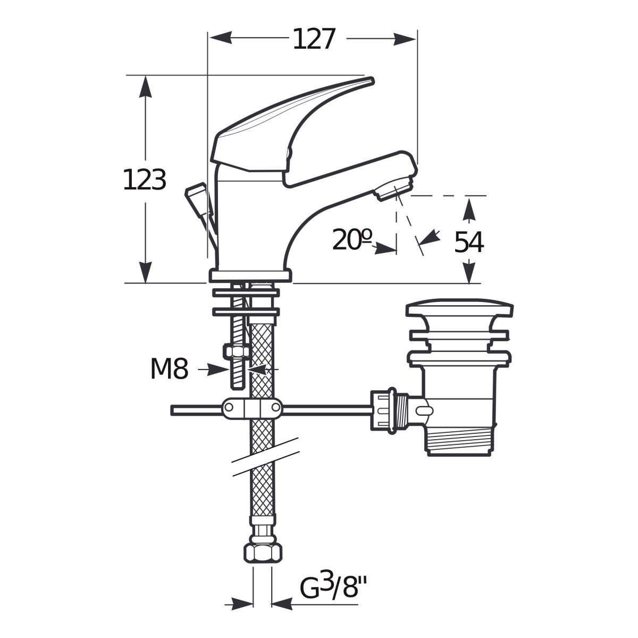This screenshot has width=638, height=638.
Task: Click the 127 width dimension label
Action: (314, 39)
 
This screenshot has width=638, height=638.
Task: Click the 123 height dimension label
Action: (145, 180)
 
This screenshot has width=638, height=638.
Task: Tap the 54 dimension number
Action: (468, 242)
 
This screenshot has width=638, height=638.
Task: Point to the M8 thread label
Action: (169, 369)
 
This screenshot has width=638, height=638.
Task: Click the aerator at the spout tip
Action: (394, 188)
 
